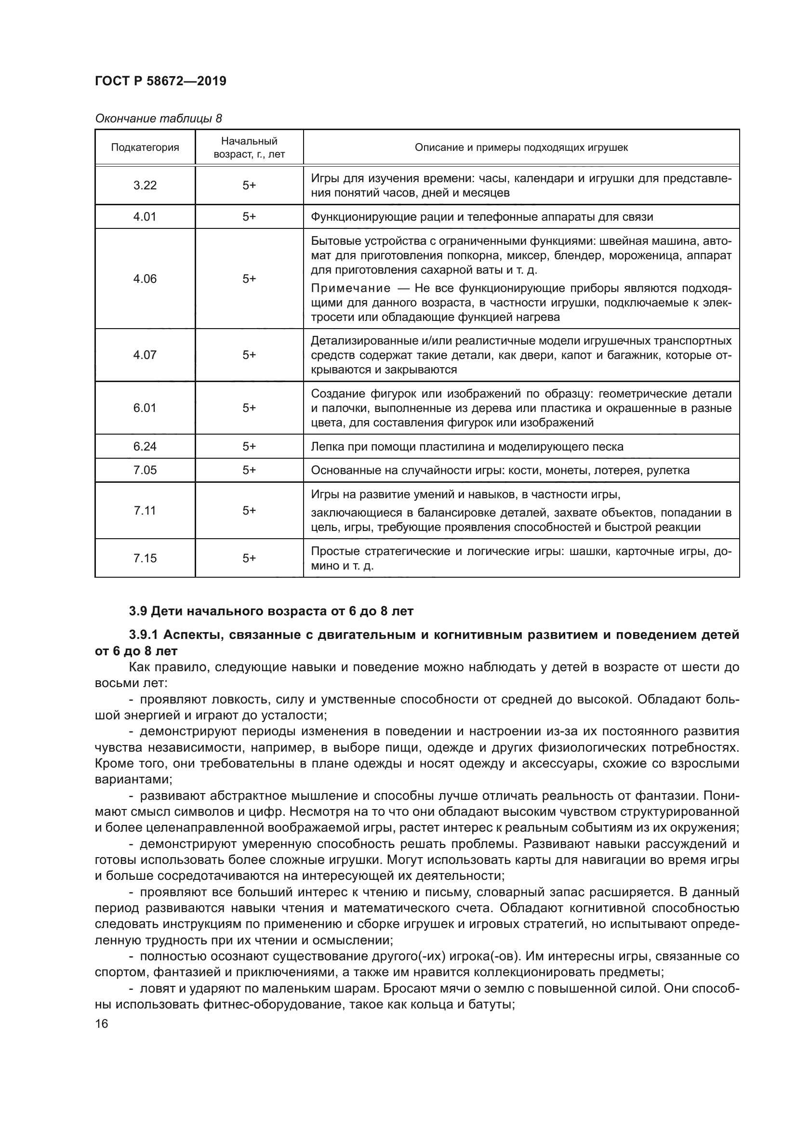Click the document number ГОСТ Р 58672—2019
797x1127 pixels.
160,81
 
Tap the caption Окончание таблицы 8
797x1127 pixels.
158,119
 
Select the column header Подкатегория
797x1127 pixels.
145,147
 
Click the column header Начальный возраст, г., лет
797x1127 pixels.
249,147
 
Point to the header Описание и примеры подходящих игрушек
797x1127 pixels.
521,147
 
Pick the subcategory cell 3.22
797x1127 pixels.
145,185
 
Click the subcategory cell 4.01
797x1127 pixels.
145,216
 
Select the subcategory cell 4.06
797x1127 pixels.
145,278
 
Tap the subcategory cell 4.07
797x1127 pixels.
145,355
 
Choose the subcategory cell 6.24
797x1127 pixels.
145,446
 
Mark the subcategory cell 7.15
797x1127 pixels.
145,557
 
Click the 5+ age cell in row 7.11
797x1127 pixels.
249,510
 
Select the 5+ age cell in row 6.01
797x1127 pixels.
249,408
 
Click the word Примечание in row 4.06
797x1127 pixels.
350,288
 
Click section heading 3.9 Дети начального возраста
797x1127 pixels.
271,611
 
